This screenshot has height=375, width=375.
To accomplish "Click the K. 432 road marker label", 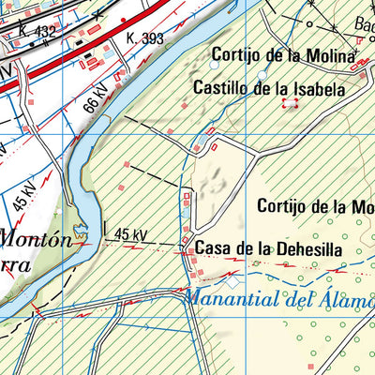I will click(x=37, y=32).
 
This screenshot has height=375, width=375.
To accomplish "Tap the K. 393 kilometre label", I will click(x=143, y=39).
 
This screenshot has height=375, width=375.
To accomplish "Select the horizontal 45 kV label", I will click(x=131, y=234).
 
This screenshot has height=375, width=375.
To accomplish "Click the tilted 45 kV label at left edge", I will click(x=24, y=198).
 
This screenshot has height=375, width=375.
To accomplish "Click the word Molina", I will click(x=332, y=55).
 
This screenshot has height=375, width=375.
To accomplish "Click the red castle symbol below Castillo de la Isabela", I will click(x=290, y=105).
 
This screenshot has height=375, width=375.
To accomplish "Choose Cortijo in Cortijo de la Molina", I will click(x=234, y=55).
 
